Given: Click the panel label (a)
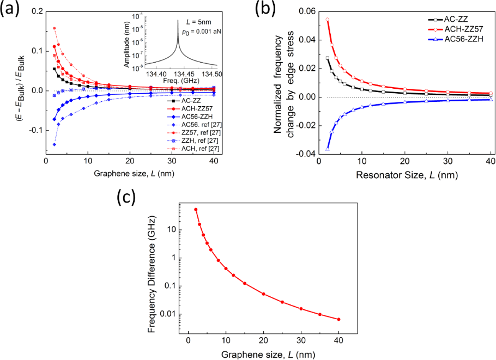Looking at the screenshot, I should pyautogui.click(x=13, y=9).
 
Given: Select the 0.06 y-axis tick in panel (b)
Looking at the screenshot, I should pyautogui.click(x=306, y=11).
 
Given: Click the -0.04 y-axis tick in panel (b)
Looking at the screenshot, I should pyautogui.click(x=305, y=154).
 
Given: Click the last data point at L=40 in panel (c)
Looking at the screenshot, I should pyautogui.click(x=338, y=319).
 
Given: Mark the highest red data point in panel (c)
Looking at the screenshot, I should pyautogui.click(x=196, y=210).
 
